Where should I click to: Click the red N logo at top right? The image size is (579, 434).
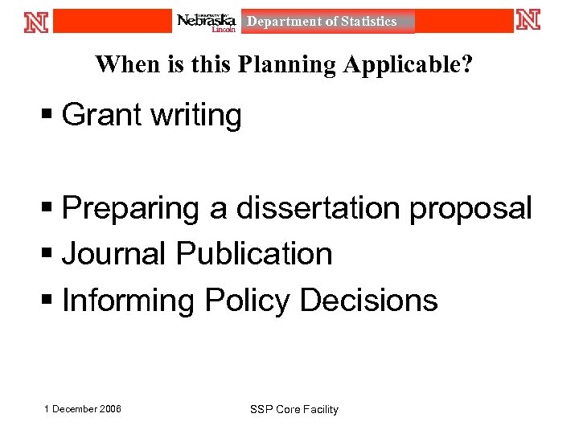528,20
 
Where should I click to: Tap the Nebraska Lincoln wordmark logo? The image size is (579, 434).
207,22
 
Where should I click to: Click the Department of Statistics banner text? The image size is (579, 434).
322,22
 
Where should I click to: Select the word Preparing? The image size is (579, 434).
132,209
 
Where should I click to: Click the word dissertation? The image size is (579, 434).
318,208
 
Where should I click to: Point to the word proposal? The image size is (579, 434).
470,209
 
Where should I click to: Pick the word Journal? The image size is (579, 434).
114,255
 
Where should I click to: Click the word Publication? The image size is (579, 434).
254,255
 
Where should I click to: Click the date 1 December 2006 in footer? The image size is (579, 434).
83,409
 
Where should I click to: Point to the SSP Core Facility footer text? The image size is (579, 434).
294,410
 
